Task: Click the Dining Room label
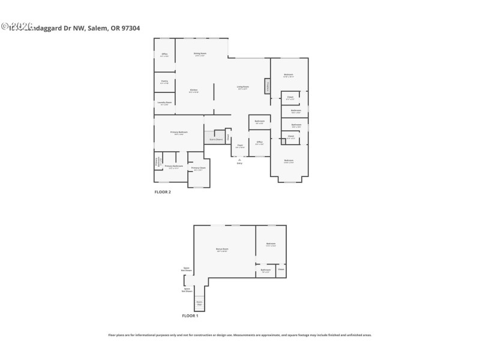[x=200, y=54]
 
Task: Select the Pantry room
[x=164, y=82]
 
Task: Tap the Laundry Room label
[x=164, y=103]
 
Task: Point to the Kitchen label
[x=193, y=91]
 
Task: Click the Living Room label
[x=242, y=88]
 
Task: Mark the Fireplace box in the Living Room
[x=268, y=86]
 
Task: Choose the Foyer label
[x=239, y=146]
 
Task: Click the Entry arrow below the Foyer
[x=239, y=160]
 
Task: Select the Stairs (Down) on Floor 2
[x=216, y=139]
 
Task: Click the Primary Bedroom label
[x=179, y=133]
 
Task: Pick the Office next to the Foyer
[x=259, y=143]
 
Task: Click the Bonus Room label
[x=222, y=250]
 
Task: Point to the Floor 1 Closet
[x=281, y=269]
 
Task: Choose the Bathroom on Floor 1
[x=266, y=271]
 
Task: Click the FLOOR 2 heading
[x=163, y=192]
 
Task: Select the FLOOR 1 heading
[x=190, y=316]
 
